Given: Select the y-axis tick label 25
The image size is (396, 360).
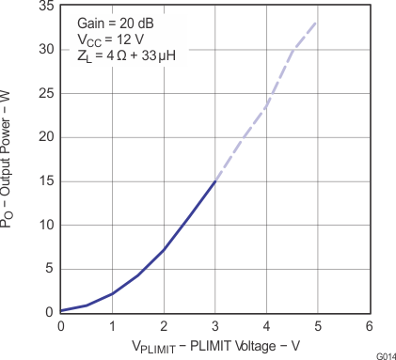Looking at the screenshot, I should pyautogui.click(x=44, y=93).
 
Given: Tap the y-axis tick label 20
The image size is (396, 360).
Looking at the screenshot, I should pyautogui.click(x=44, y=137).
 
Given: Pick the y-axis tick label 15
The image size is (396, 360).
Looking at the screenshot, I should pyautogui.click(x=44, y=181).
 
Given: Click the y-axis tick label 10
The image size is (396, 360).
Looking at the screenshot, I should pyautogui.click(x=44, y=225).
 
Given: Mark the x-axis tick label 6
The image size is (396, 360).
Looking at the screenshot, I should pyautogui.click(x=369, y=325).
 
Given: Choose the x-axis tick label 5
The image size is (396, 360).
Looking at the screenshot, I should pyautogui.click(x=318, y=325).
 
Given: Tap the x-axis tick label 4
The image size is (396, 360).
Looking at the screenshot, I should pyautogui.click(x=266, y=325).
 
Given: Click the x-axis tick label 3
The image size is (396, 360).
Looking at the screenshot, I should pyautogui.click(x=215, y=325).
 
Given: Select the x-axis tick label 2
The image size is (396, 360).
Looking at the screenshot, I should pyautogui.click(x=164, y=325).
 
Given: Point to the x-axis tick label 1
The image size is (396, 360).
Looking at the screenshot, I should pyautogui.click(x=113, y=325).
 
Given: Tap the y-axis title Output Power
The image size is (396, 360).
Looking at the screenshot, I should pyautogui.click(x=11, y=160).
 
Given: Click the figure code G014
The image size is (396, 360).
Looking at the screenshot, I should pyautogui.click(x=384, y=355).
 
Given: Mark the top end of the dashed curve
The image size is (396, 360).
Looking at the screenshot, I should pyautogui.click(x=316, y=23).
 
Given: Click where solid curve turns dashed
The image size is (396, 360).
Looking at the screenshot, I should pyautogui.click(x=215, y=181).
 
